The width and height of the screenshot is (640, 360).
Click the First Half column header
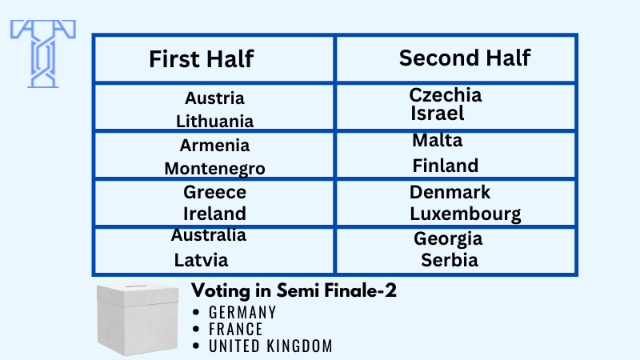point(202,58)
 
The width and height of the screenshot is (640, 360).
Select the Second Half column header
point(465,58)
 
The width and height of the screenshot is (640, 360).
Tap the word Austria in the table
point(214,98)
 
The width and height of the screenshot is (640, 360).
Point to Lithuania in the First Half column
point(214,121)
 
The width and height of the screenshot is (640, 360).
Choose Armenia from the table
point(214,146)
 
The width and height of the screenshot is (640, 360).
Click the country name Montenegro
point(214,169)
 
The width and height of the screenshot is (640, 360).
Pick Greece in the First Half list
point(214,192)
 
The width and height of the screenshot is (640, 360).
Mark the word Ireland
point(214,214)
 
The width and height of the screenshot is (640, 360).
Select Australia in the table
point(209,234)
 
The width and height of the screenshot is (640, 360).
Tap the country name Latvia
point(202,260)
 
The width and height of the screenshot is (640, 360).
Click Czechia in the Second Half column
point(446,94)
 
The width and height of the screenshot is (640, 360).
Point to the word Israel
point(437,113)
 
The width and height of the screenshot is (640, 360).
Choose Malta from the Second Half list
point(437,141)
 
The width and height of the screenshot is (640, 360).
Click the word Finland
point(446,166)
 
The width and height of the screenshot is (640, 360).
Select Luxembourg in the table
point(466,214)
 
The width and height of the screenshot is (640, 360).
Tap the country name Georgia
point(448,238)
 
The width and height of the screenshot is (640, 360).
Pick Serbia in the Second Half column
point(450,260)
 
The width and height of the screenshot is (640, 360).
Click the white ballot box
point(138,318)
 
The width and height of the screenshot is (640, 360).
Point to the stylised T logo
point(43,54)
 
